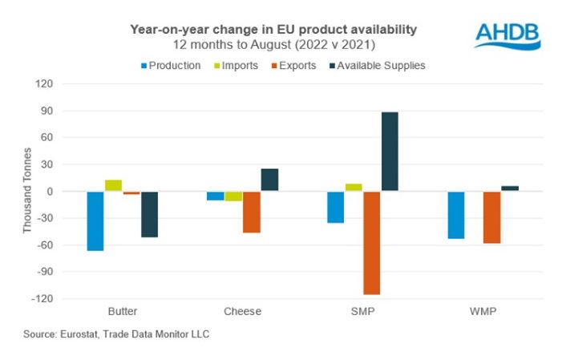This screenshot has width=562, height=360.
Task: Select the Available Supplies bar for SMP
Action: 390,152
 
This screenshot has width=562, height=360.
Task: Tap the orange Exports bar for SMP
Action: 371,243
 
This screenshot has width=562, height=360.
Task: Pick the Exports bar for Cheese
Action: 252,212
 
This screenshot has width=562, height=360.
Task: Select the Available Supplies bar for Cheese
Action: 269,180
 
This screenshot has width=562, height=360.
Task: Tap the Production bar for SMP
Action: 336,207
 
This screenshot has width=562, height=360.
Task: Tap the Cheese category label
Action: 242,310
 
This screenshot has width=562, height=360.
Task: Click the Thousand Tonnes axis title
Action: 26,191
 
